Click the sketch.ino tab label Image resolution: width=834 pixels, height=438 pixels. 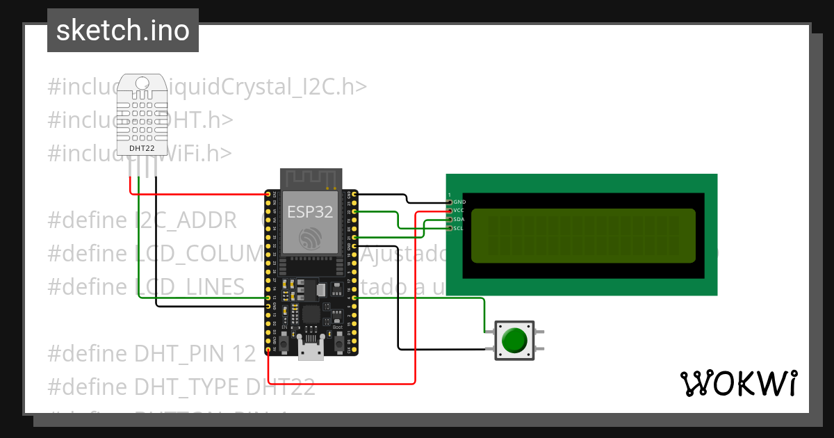[x=122, y=31]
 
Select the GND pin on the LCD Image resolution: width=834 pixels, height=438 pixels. [x=450, y=202]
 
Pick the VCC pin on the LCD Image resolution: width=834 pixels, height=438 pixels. [x=450, y=210]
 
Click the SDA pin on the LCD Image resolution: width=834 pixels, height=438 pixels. [x=450, y=219]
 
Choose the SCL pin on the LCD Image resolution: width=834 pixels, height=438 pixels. [x=450, y=228]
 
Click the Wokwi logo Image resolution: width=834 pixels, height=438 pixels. [x=738, y=383]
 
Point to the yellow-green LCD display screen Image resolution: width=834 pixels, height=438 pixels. [x=583, y=236]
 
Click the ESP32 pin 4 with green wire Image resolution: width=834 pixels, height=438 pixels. [x=355, y=298]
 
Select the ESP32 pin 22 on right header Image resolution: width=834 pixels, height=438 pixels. [x=355, y=211]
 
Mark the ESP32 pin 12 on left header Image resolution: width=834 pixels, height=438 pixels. [x=268, y=298]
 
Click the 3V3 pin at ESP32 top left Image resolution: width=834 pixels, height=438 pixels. [x=268, y=193]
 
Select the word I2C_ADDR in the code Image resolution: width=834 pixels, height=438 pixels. [x=186, y=220]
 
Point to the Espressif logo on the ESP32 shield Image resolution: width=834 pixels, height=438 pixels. [x=311, y=238]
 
